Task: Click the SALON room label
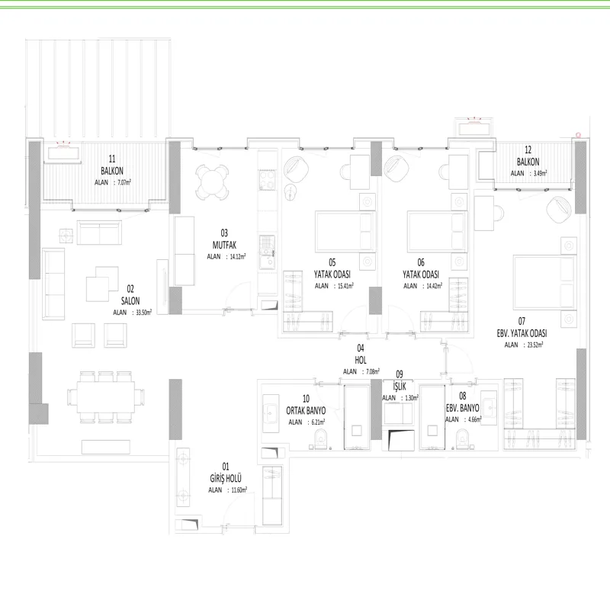point(130,300)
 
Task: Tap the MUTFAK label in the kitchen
point(224,245)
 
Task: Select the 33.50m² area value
point(143,312)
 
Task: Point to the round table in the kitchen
point(212,182)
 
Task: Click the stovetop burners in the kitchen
point(268,180)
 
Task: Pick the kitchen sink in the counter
point(268,252)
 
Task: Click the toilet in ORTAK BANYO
point(321,440)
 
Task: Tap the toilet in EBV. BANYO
point(462,440)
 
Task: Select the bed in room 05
point(345,232)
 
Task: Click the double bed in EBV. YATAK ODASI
point(544,282)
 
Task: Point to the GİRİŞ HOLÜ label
point(226,478)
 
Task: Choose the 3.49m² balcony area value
point(540,174)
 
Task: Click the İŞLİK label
point(400,386)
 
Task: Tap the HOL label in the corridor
point(361,360)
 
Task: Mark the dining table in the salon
point(106,396)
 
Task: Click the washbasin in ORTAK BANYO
point(271,413)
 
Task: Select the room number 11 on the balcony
point(112,159)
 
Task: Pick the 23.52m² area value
point(535,345)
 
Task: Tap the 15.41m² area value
point(345,286)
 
